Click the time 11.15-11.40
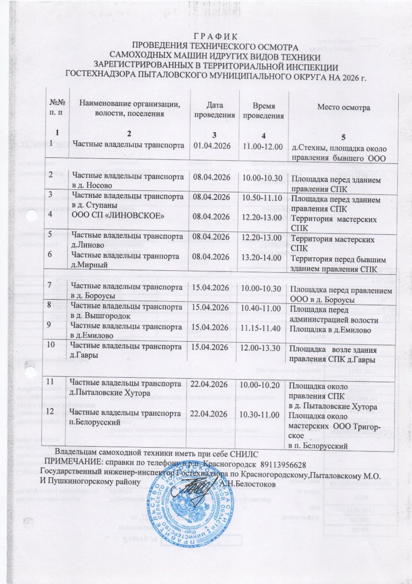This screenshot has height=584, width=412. (x=263, y=328)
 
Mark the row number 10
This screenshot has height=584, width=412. (x=54, y=343)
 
